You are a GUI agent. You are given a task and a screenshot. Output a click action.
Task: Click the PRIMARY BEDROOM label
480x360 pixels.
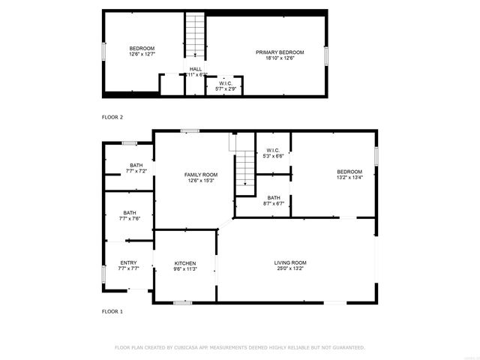[x=274, y=52]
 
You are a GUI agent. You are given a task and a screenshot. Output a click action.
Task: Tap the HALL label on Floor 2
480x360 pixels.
[x=195, y=69]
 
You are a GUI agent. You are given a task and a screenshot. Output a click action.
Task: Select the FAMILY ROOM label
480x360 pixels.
[x=201, y=175]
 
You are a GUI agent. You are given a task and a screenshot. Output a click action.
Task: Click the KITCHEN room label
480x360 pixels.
[x=185, y=263]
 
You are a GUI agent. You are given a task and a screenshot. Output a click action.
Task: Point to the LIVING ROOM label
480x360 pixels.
[x=289, y=262]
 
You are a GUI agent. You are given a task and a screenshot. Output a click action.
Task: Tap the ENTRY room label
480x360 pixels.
[x=128, y=262]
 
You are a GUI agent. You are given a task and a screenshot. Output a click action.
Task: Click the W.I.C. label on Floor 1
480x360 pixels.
[x=272, y=151]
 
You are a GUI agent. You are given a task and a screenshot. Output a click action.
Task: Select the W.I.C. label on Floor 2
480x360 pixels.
[x=226, y=83]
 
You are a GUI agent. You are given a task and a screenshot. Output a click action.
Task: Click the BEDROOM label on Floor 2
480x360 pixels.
[x=142, y=48]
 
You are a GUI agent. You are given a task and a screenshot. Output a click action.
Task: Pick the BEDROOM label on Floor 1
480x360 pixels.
[x=349, y=172]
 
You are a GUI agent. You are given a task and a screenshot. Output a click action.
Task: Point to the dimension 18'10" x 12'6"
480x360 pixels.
[x=274, y=58]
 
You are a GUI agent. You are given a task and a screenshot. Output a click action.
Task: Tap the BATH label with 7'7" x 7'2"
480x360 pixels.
[x=136, y=165]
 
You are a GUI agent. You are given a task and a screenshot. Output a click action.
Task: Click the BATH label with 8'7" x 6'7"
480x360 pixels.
[x=273, y=198]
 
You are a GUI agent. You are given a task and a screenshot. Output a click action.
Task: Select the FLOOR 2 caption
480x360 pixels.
[x=112, y=117]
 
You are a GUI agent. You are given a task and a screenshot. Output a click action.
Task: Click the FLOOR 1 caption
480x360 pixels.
[x=112, y=310]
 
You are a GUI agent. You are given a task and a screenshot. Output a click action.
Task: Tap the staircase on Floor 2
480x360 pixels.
[x=196, y=35]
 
